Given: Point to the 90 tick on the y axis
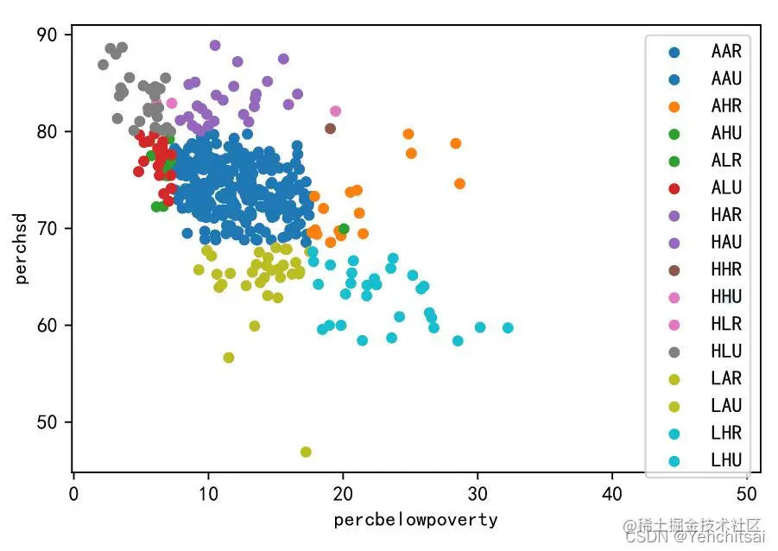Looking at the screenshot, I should tap(49, 35).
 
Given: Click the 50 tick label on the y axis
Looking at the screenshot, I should tap(49, 422).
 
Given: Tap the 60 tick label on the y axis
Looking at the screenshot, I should tap(49, 326).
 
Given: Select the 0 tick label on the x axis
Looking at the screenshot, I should tap(74, 496).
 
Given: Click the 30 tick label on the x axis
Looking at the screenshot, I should tap(478, 496).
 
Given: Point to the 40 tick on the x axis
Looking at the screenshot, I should tap(612, 496).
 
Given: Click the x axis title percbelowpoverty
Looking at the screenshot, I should tap(415, 520).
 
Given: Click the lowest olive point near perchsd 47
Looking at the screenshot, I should tap(306, 452).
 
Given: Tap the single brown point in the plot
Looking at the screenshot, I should tap(330, 129).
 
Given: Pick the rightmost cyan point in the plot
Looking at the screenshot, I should tap(508, 327).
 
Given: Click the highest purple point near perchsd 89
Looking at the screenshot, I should tap(215, 46).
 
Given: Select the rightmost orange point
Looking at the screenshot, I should tap(459, 183).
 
